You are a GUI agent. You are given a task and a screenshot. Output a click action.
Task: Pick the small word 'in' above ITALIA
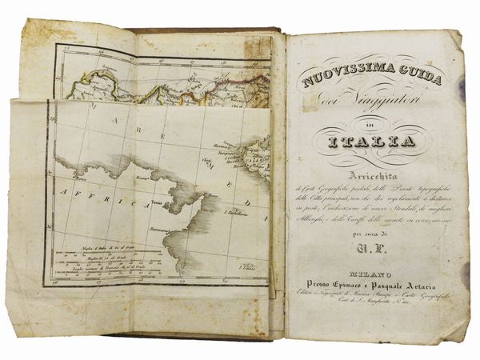370,124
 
